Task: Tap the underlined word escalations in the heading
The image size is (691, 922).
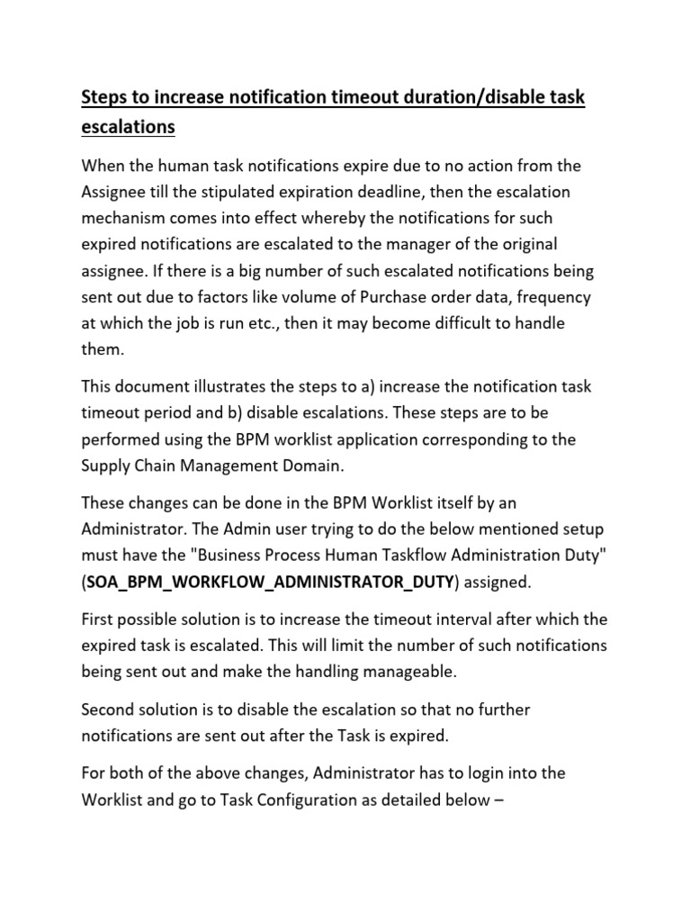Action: pos(128,127)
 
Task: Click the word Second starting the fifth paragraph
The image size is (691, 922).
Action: pos(112,710)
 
